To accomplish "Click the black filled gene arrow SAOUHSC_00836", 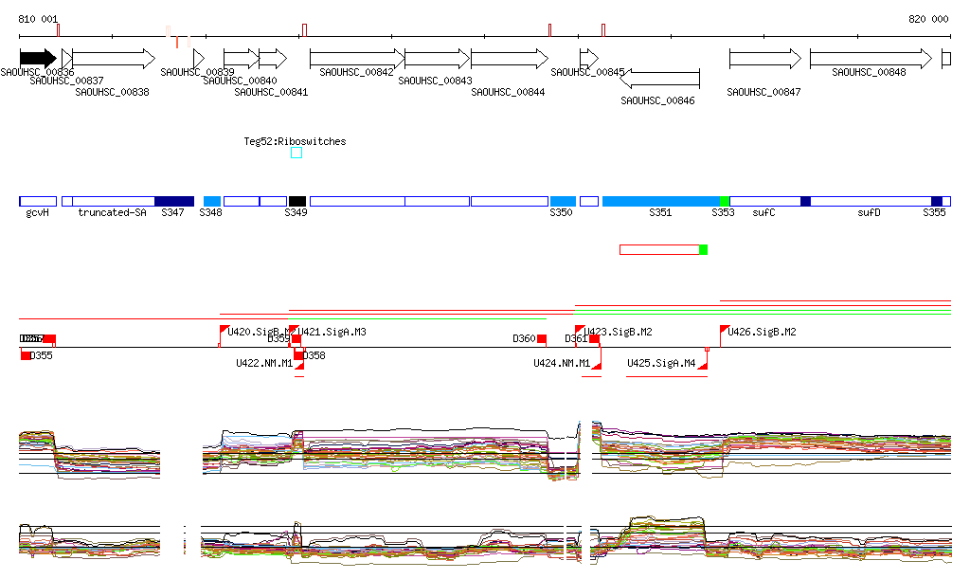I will pos(38,59).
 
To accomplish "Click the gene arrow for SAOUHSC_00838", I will pos(113,59).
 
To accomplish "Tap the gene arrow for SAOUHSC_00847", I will pos(763,59).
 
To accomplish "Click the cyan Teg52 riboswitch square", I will pos(296,153).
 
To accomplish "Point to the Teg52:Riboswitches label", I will pos(296,141).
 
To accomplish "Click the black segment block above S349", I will pos(297,201).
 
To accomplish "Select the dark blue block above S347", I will pos(173,201).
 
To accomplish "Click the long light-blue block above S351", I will pos(660,201).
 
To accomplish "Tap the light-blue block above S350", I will pos(563,201).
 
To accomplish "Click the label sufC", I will pos(763,213).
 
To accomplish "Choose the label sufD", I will pos(869,213).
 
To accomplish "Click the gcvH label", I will pos(38,213).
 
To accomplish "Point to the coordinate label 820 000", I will pos(928,19).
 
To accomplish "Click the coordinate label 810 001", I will pos(38,19).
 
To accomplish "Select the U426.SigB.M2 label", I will pos(762,332).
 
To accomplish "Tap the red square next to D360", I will pos(542,338).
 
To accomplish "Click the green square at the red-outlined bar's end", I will pos(703,249).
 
